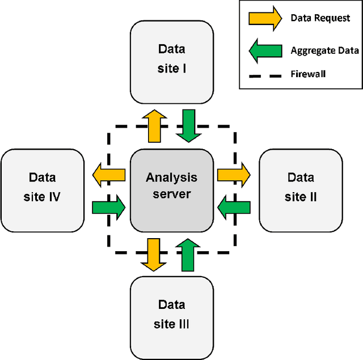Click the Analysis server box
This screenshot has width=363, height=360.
[172, 190]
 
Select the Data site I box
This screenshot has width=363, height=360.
[172, 62]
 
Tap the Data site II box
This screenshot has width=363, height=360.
[300, 190]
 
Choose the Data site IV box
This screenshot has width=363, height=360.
[43, 190]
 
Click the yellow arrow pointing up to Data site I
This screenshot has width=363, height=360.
[154, 126]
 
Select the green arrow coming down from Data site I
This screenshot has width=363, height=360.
[189, 126]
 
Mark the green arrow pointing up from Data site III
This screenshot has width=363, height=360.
[189, 255]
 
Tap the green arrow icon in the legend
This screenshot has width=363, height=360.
[265, 50]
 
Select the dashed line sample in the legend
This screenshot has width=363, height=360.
[265, 74]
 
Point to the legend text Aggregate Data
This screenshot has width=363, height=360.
[324, 50]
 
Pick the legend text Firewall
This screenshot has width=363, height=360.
[308, 74]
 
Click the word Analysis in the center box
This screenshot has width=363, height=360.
[172, 177]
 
